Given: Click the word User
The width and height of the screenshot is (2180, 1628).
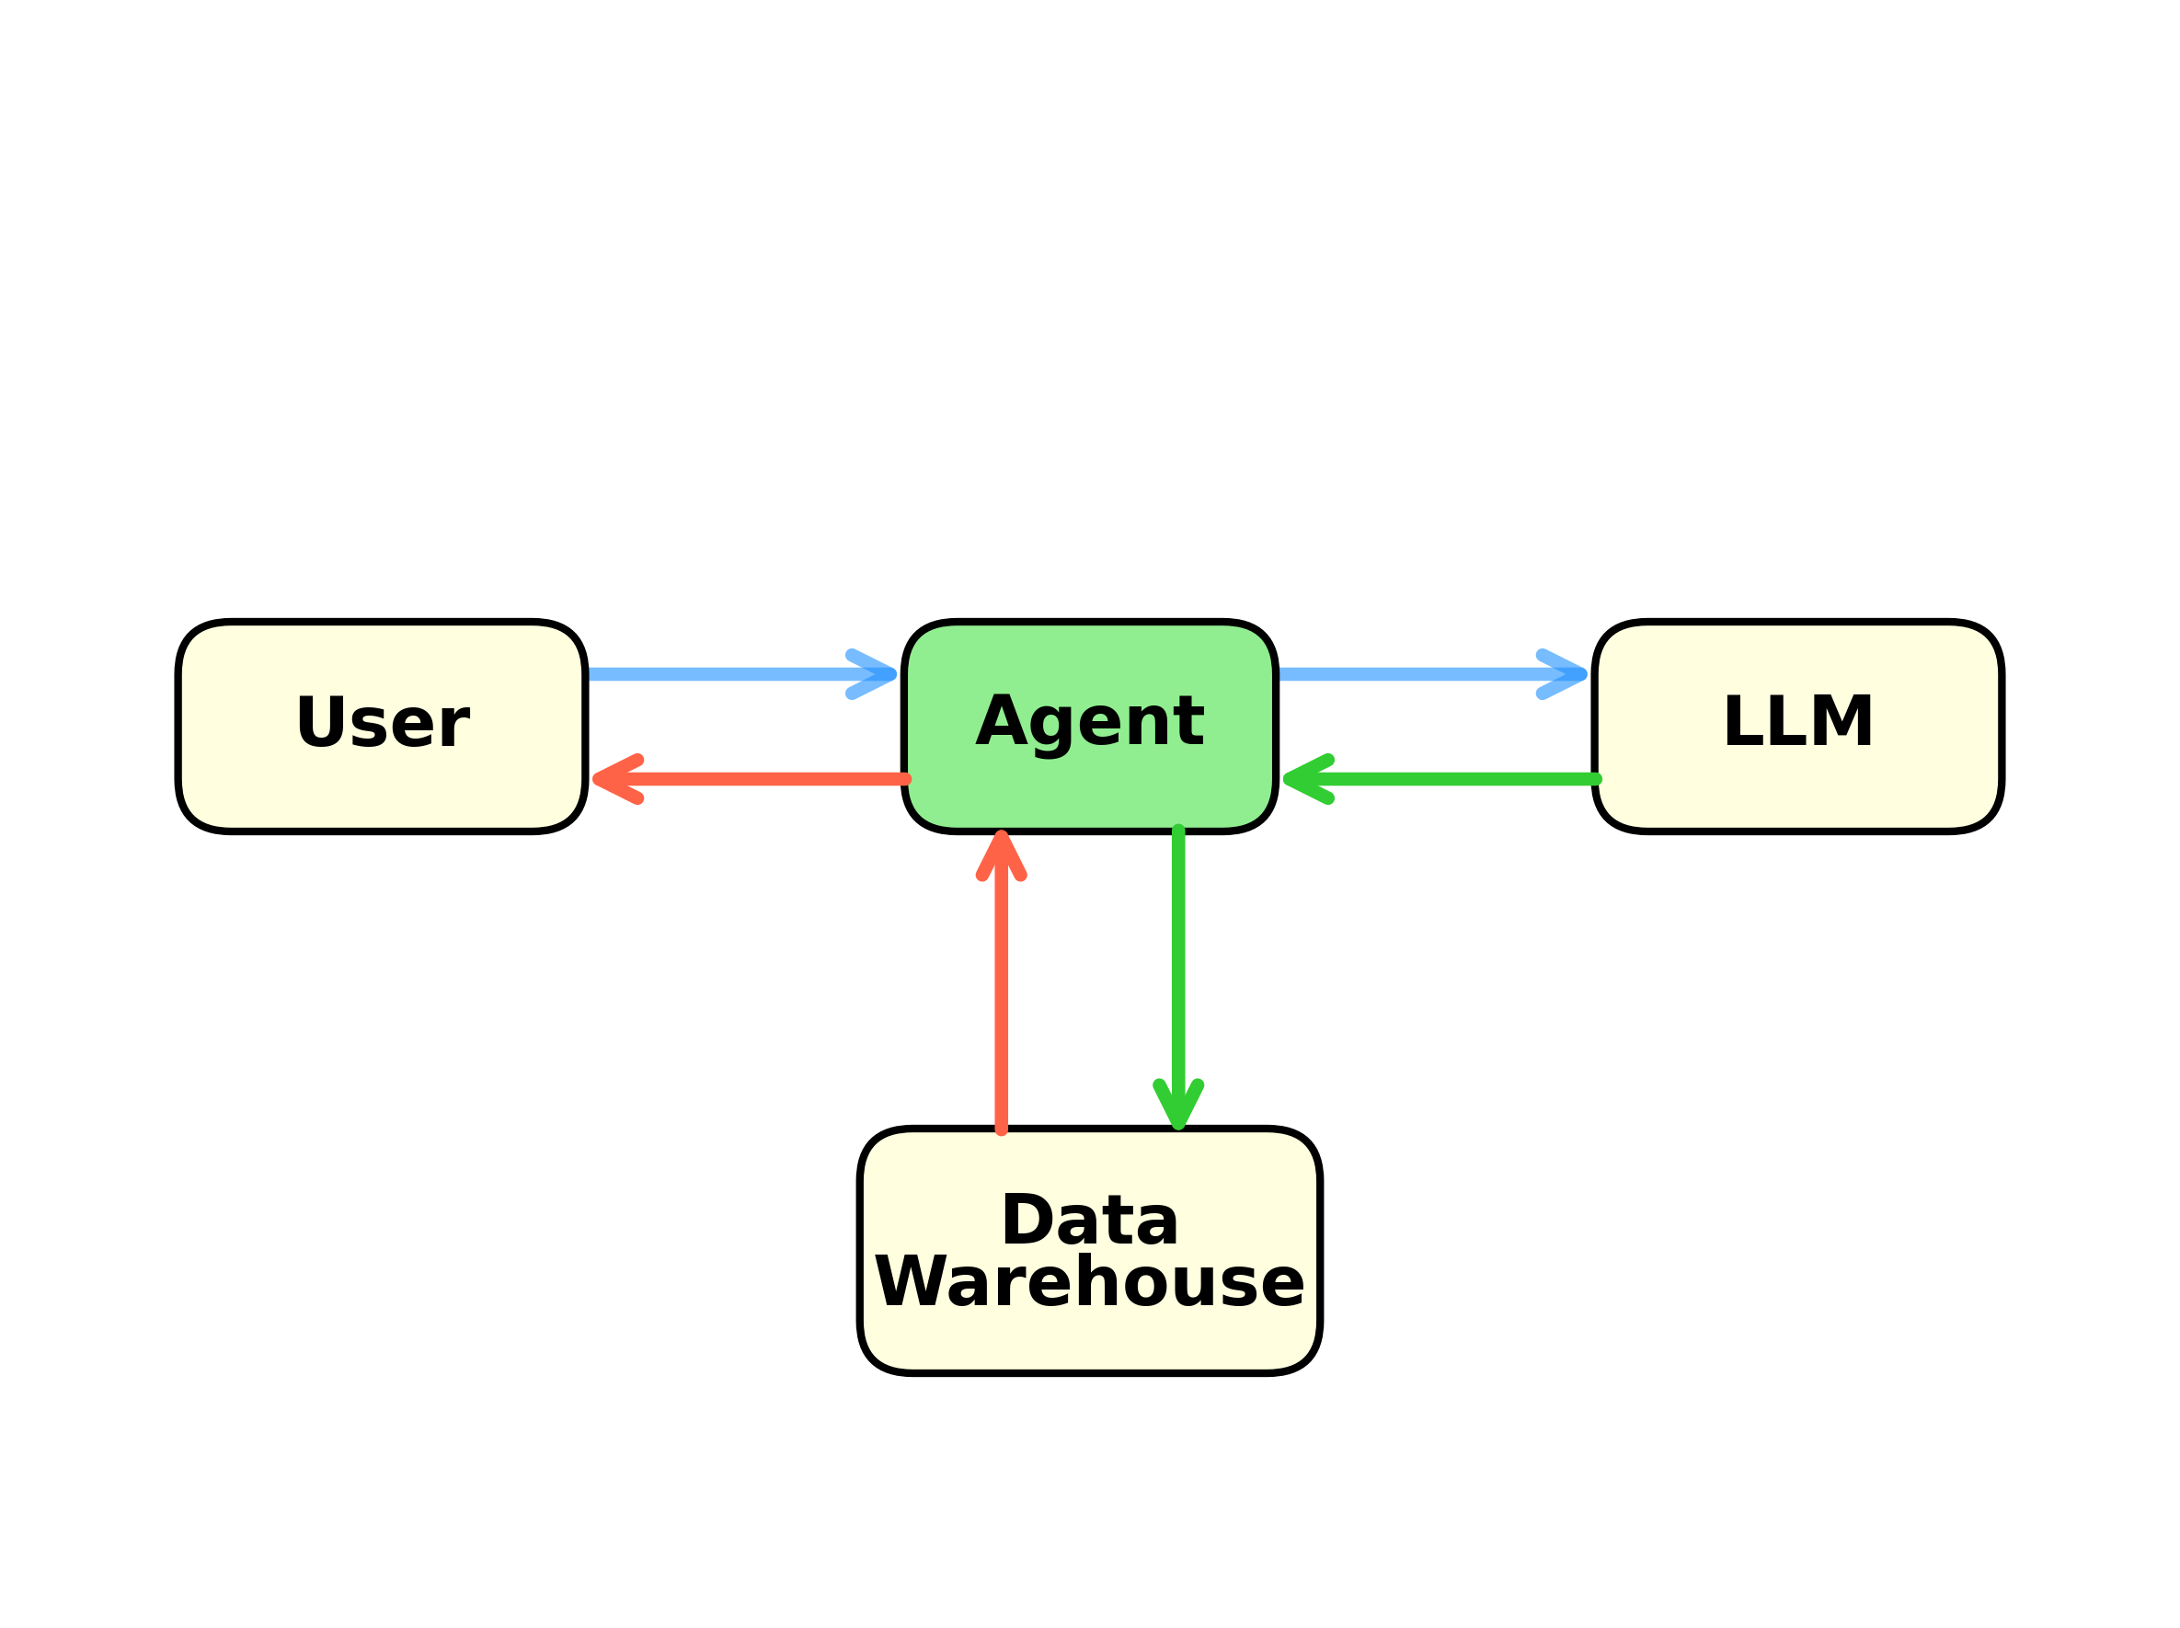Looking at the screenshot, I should click(383, 722).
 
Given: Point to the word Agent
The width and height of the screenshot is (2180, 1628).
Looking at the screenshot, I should click(1089, 722).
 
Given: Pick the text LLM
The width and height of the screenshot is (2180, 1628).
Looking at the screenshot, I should click(1797, 721).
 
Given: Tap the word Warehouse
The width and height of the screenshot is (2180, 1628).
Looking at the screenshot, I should click(1089, 1282).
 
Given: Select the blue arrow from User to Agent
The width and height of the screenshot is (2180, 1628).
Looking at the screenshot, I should click(729, 675).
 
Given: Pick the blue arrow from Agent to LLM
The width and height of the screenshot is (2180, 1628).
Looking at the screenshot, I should click(1419, 675).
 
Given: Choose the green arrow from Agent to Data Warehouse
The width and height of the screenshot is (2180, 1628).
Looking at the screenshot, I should click(1177, 966).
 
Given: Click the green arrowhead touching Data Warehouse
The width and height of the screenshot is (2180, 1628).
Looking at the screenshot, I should click(1177, 1104).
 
